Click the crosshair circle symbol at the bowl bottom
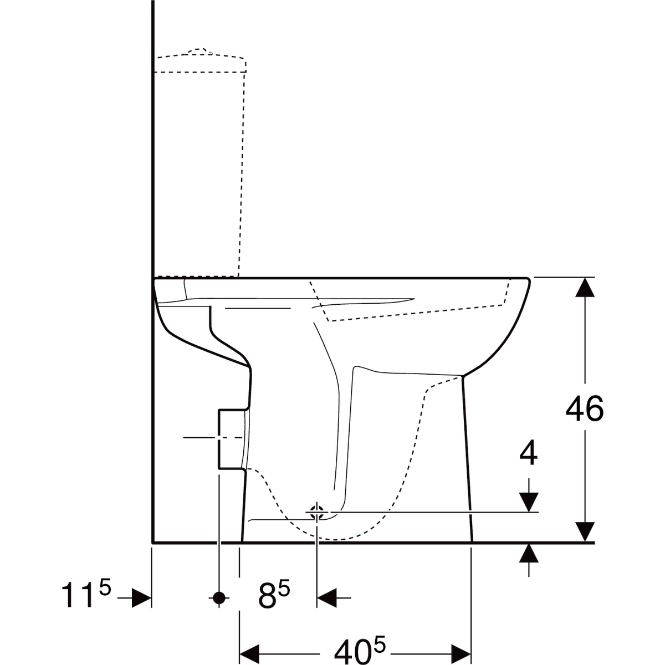[x=317, y=512]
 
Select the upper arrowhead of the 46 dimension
[x=585, y=288]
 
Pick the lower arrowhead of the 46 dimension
[x=585, y=531]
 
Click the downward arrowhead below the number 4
[x=529, y=502]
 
